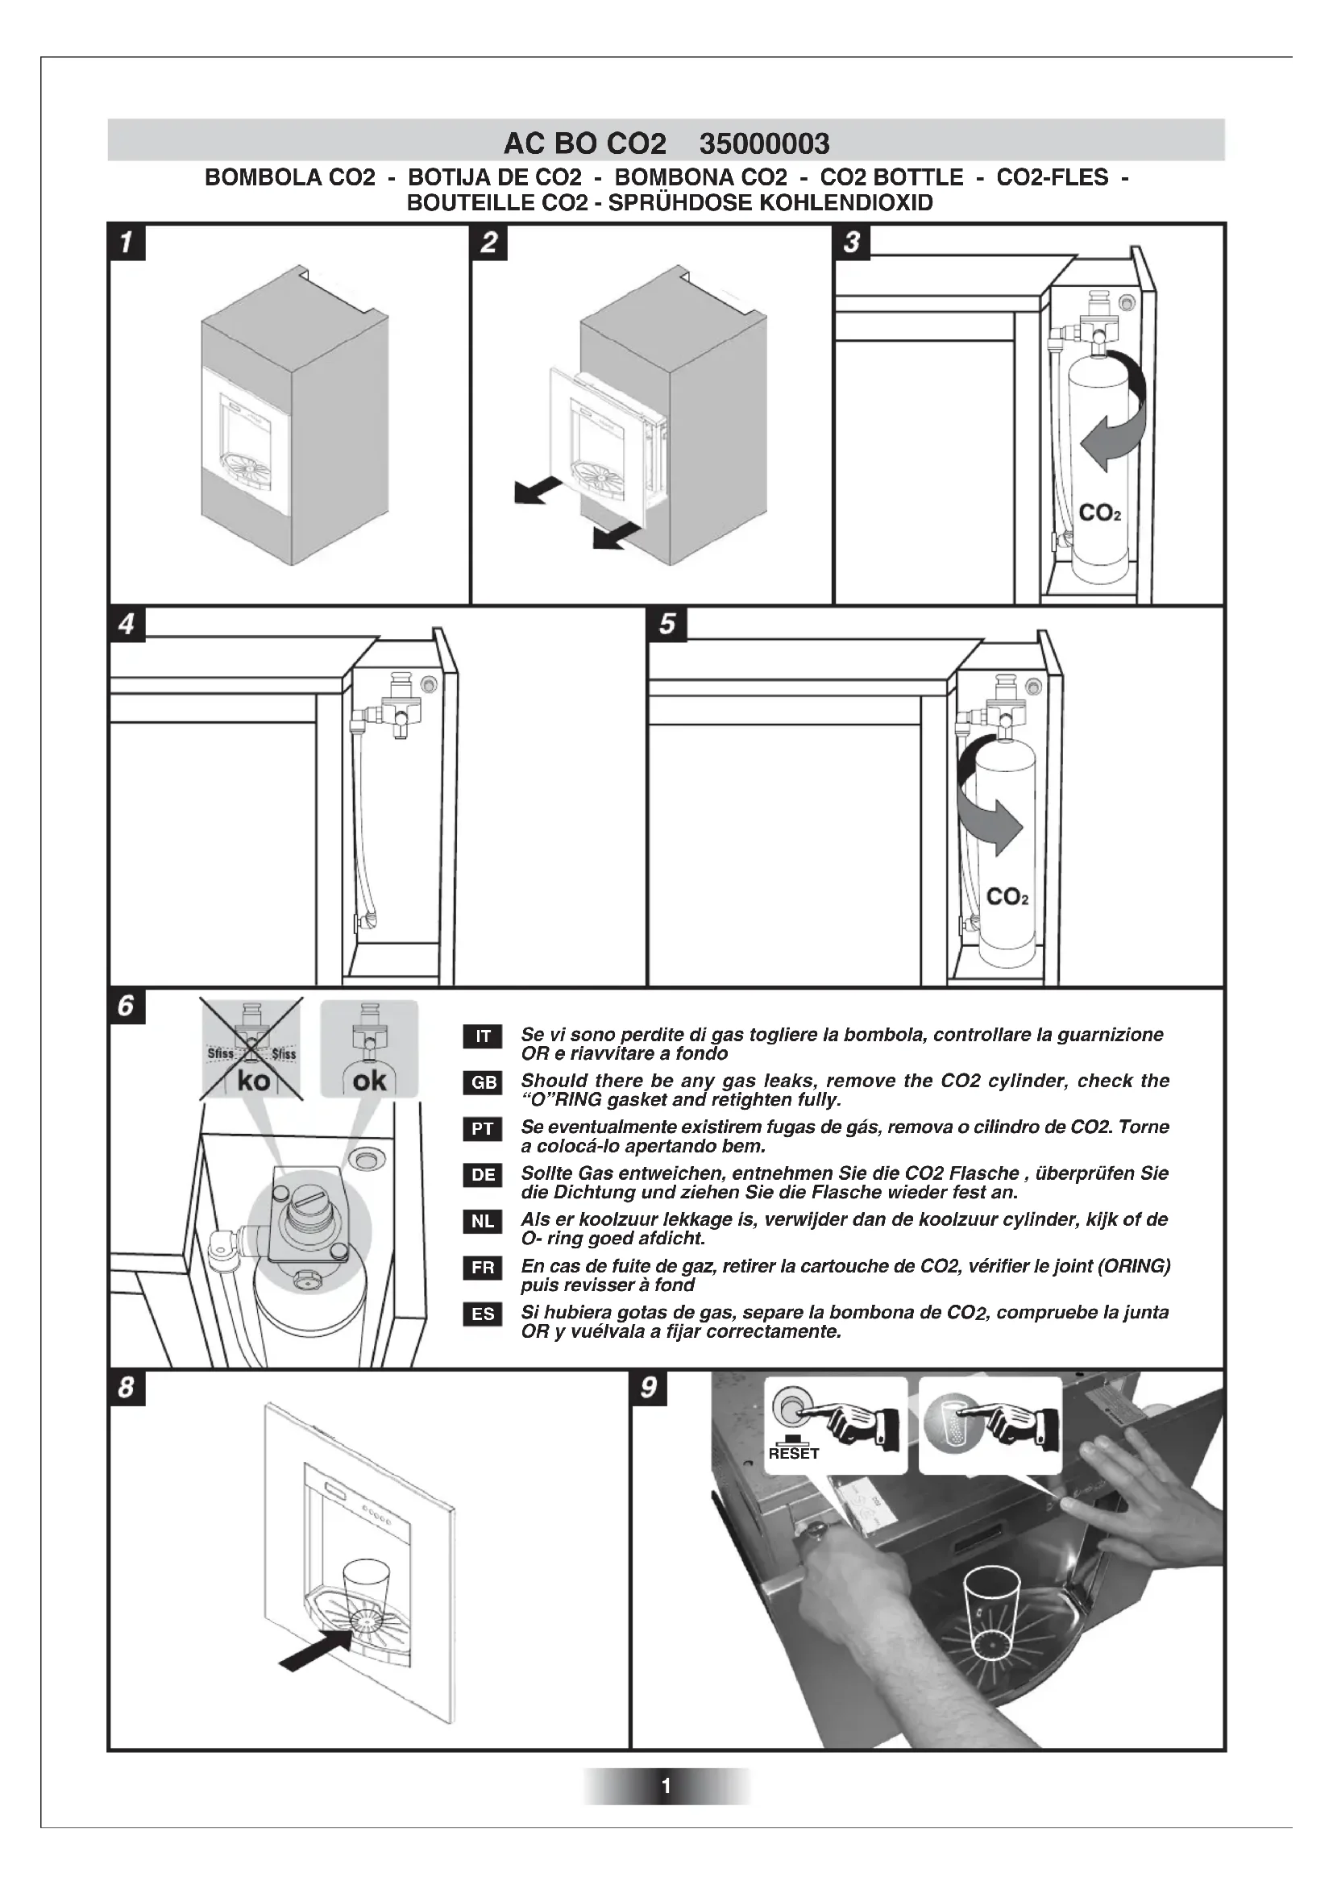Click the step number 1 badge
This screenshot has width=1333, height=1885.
coord(127,243)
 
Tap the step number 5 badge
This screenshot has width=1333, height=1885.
coord(666,623)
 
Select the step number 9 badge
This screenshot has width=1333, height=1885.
coord(649,1387)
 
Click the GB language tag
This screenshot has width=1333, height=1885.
coord(483,1082)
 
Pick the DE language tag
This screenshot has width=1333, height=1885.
coord(483,1175)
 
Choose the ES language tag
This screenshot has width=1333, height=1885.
coord(483,1314)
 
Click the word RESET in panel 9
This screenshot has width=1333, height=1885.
coord(794,1454)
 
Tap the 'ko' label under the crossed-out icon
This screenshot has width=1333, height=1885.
coord(253,1081)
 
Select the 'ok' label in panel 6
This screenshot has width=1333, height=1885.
coord(369,1081)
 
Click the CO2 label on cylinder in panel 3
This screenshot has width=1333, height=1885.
coord(1099,513)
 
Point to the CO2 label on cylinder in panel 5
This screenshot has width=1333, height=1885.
coord(1007,896)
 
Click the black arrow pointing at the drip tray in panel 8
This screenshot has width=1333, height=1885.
coord(316,1651)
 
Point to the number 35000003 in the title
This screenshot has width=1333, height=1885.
coord(764,144)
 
